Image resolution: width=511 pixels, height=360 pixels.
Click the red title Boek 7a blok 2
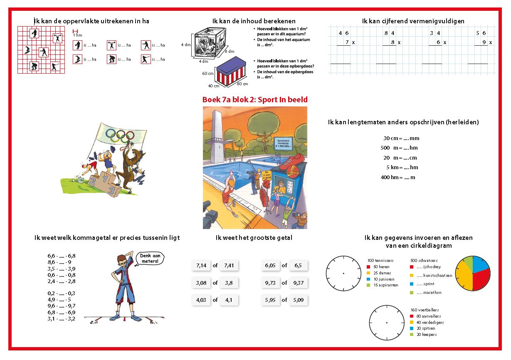point(255,100)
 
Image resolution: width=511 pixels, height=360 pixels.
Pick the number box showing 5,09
point(298,300)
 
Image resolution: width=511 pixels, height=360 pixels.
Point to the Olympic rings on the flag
point(120,134)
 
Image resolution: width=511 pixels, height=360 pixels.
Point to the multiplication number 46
point(344,33)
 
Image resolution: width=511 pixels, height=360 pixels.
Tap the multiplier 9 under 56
point(484,42)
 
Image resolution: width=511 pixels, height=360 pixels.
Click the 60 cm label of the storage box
point(208,73)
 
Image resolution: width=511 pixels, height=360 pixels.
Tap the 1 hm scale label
point(77,35)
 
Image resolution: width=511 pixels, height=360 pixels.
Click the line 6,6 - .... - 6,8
point(62,256)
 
